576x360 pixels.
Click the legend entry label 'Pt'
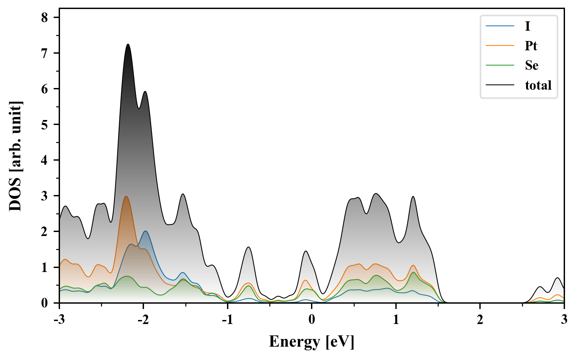point(531,46)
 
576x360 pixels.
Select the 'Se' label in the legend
point(532,65)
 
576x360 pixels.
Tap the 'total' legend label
point(538,85)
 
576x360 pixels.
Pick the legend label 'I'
point(527,26)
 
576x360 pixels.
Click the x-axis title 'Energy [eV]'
point(312,342)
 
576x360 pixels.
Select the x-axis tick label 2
point(480,320)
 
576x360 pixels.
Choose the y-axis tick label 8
point(45,18)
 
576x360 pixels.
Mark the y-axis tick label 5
point(45,125)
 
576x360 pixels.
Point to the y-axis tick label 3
point(45,196)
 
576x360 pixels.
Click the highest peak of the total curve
point(128,44)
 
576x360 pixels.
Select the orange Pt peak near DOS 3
point(126,196)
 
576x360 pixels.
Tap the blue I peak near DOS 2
point(145,231)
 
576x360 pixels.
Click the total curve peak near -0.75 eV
point(248,247)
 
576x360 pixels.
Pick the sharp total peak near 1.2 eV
point(413,196)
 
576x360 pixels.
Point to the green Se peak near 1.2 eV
point(413,272)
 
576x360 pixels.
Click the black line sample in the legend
point(500,85)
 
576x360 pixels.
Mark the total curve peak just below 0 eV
point(306,251)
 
